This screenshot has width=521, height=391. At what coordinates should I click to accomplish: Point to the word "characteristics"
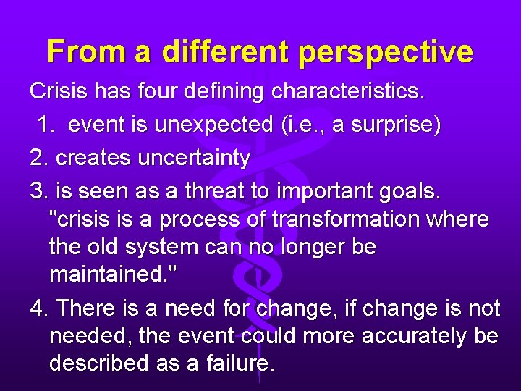(347, 92)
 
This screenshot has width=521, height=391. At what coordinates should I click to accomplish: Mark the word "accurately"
(397, 336)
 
